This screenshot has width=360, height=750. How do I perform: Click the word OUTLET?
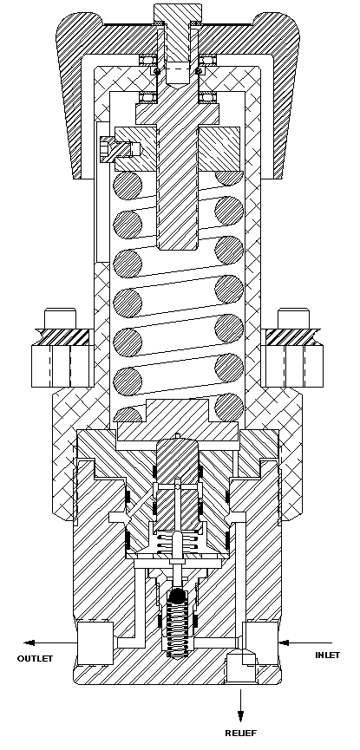36,658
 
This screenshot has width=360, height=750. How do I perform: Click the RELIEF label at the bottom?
241,734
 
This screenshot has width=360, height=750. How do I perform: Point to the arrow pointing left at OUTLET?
48,642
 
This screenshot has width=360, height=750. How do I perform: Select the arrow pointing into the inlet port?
295,642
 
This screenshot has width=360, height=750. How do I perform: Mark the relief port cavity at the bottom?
239,667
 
